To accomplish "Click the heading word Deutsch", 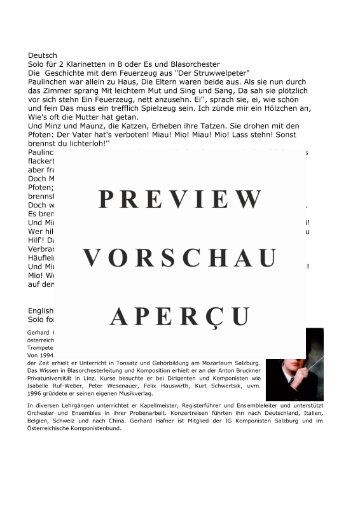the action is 43,55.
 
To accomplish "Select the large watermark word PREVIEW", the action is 180,200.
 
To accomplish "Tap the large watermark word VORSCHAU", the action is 180,258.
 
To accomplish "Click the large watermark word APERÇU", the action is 180,316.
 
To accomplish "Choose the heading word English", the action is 41,310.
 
